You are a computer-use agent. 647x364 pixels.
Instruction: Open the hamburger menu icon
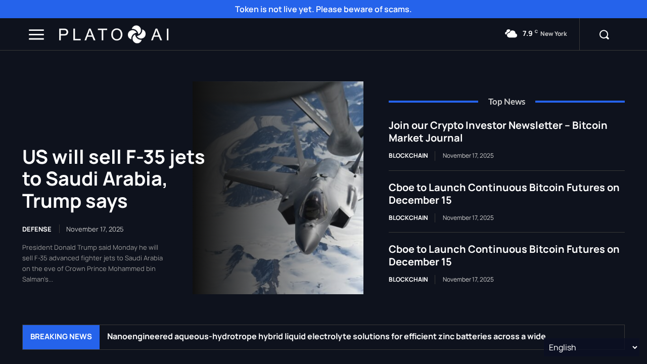(36, 34)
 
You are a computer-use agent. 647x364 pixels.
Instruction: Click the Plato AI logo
(114, 34)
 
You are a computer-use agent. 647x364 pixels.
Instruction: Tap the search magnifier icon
(604, 34)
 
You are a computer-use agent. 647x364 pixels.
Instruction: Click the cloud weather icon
(511, 34)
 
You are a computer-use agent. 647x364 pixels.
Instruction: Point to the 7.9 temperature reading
(528, 34)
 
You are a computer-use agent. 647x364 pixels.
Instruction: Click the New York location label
(553, 34)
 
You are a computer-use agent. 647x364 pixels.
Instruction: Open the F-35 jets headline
(113, 179)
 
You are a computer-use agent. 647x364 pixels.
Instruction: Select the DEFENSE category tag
(37, 229)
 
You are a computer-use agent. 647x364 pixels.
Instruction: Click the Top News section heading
(506, 102)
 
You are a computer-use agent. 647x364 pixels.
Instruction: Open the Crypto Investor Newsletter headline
(498, 131)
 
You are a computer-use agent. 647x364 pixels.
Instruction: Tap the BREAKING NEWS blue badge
(61, 337)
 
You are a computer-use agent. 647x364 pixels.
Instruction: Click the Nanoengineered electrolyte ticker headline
(326, 337)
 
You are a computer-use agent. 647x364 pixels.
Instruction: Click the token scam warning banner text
(323, 9)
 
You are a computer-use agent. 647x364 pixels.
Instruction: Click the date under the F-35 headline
(95, 229)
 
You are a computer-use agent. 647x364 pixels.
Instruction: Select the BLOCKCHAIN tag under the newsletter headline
(408, 156)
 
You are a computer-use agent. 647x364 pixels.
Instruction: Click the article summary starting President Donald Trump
(93, 263)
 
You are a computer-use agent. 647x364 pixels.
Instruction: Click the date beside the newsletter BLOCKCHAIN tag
(468, 156)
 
